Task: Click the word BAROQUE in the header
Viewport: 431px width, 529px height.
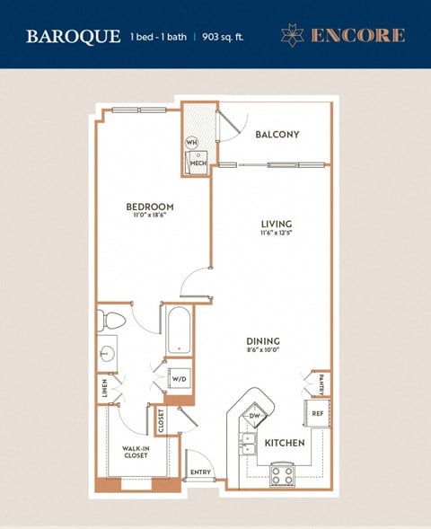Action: click(74, 37)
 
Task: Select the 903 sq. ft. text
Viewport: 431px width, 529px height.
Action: click(224, 37)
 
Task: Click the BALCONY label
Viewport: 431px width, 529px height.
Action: click(277, 135)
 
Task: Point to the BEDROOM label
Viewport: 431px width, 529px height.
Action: click(149, 207)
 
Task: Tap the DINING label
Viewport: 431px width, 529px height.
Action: click(264, 341)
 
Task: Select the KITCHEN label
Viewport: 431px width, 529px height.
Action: click(284, 444)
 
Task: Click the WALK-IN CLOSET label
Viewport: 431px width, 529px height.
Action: click(136, 451)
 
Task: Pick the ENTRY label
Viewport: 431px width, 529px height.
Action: click(199, 472)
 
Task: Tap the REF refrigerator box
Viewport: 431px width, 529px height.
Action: click(317, 413)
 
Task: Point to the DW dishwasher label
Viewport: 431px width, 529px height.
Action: click(255, 416)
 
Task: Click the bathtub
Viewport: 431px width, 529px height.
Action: click(178, 330)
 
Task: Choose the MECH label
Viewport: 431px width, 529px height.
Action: click(198, 163)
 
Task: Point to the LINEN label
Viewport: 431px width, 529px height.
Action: click(105, 387)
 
